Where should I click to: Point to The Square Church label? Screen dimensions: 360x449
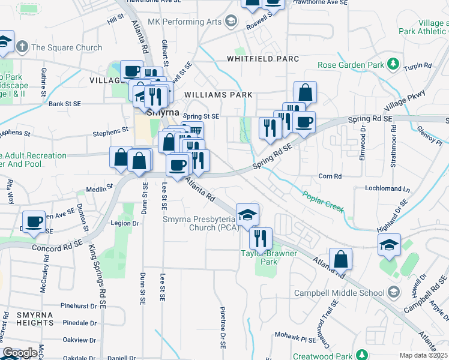(66, 47)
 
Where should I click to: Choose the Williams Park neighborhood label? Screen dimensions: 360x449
(218, 95)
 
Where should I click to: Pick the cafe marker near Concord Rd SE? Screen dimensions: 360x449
(34, 221)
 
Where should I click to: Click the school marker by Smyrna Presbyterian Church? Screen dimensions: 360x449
(247, 214)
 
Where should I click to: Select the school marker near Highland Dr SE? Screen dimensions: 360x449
(389, 244)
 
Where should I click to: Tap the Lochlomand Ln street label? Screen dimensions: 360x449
(387, 188)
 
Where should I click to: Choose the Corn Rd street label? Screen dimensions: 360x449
(330, 176)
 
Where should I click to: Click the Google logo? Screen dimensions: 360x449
(20, 353)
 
